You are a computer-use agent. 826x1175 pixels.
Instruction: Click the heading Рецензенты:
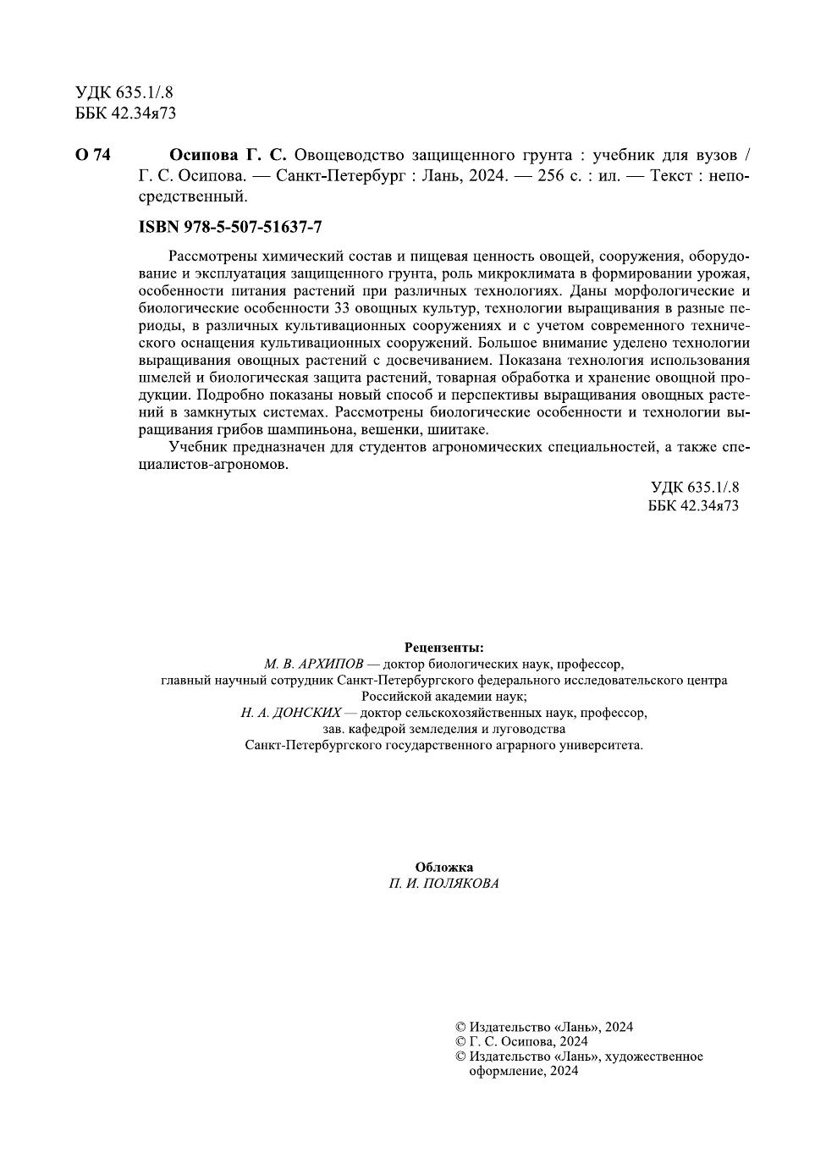point(443,647)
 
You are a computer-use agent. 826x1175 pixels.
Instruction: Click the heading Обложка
point(443,867)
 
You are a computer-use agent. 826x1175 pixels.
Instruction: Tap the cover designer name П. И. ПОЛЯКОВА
point(443,884)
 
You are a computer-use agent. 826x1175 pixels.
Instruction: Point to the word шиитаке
point(459,429)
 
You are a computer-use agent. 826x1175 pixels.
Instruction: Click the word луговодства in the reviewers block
point(524,729)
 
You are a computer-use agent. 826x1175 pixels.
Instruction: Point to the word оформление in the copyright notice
point(501,1071)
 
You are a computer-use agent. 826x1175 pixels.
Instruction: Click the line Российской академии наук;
point(443,696)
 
